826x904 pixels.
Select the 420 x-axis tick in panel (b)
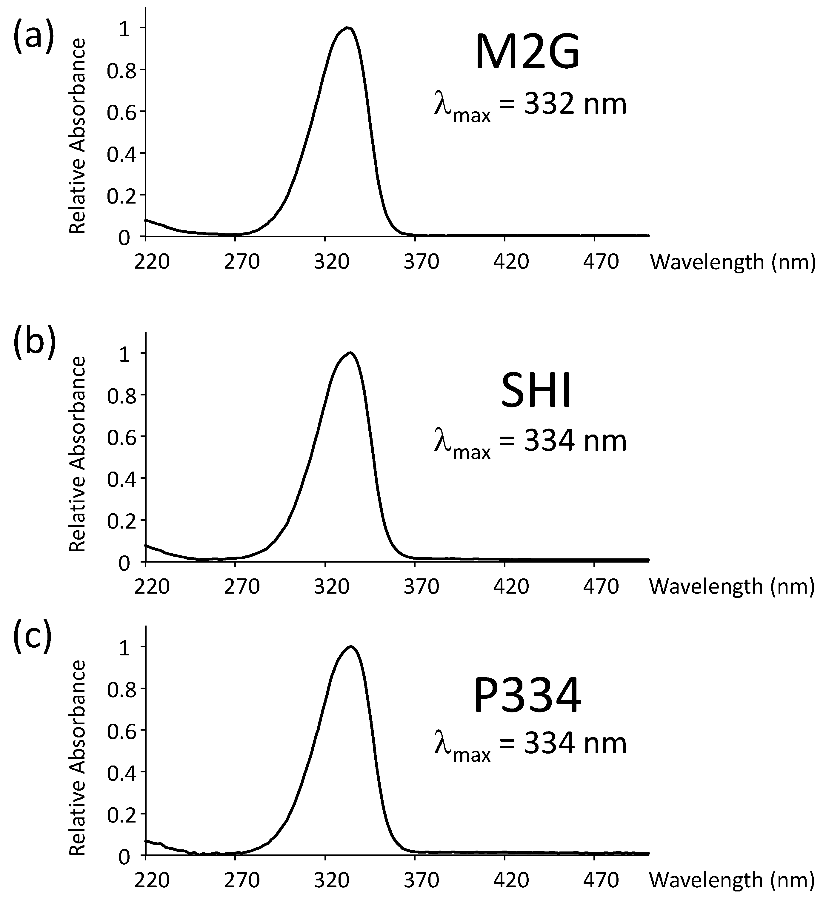[x=511, y=586]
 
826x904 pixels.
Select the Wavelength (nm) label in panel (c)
[x=732, y=880]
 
